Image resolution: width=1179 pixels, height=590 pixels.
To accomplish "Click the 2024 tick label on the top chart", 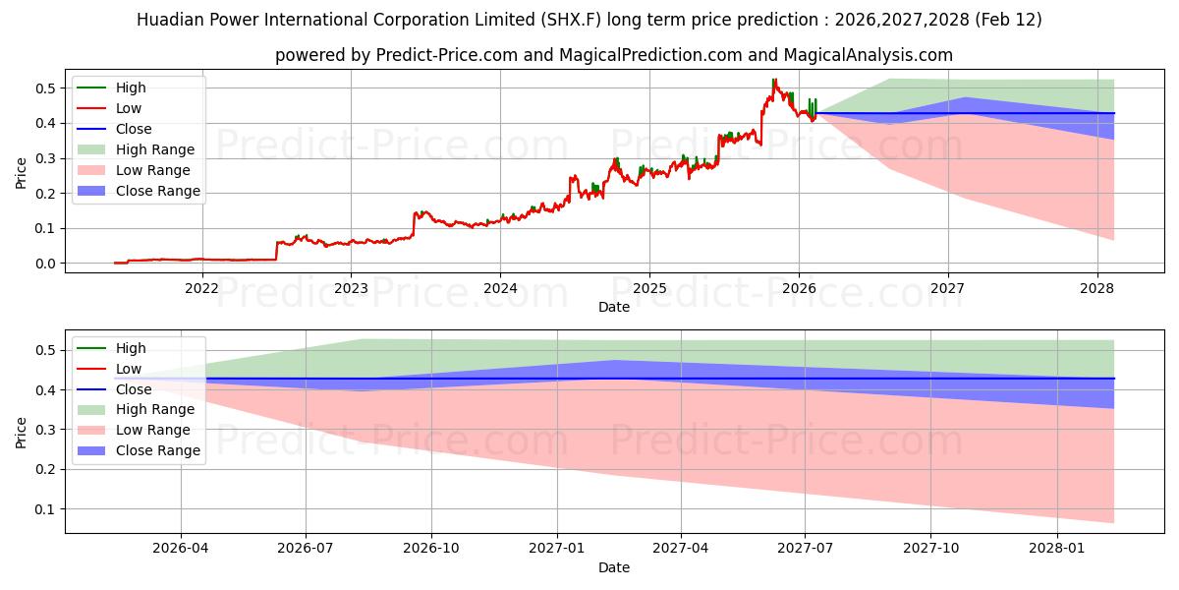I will tap(500, 288).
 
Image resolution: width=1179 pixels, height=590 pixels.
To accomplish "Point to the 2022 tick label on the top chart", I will tap(201, 288).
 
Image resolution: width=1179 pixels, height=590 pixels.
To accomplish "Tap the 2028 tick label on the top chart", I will tap(1096, 288).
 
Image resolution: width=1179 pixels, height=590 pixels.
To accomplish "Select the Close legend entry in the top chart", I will tap(134, 129).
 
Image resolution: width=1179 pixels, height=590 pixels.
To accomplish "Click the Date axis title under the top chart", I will tap(614, 307).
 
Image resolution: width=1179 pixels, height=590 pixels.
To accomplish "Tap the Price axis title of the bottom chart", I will tap(22, 431).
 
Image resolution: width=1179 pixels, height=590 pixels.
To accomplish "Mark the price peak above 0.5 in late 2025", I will tap(774, 80).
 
